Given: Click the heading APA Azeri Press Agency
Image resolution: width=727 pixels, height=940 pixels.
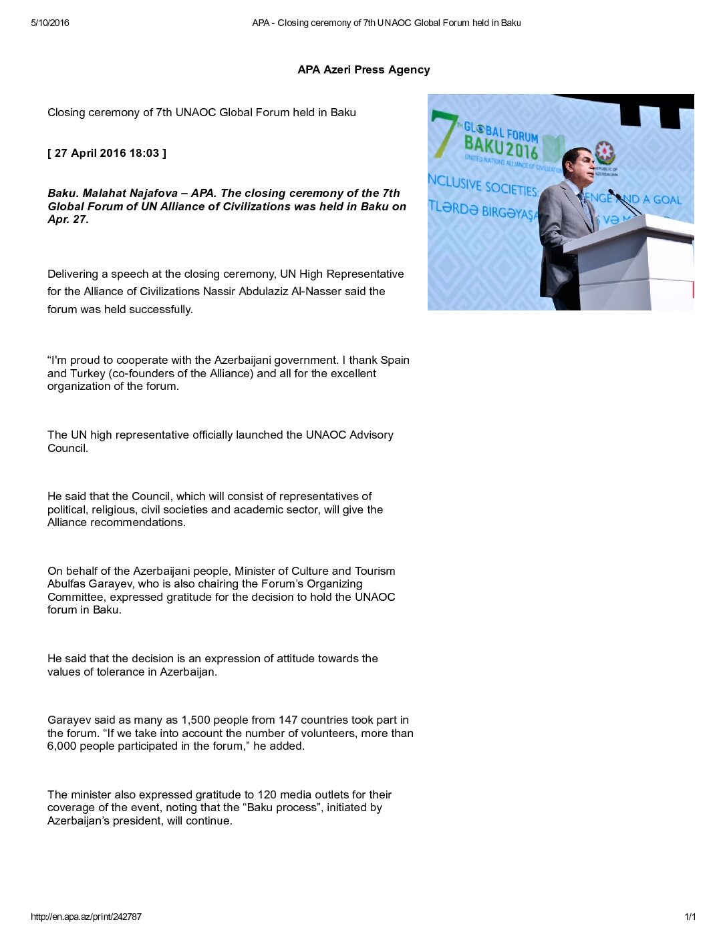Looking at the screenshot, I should [x=363, y=69].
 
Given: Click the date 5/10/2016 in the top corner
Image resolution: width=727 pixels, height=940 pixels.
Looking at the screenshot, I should [x=50, y=23].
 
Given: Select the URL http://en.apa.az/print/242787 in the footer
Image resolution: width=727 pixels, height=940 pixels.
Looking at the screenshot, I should [x=86, y=917].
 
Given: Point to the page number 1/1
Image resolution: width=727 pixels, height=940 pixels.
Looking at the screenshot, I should [x=690, y=917].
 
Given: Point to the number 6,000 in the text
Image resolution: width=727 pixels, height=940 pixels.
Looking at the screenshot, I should [x=62, y=746].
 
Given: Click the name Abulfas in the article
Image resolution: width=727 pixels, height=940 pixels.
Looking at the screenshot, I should [x=67, y=583].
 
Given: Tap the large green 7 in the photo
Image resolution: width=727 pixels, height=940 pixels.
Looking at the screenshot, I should [x=444, y=133].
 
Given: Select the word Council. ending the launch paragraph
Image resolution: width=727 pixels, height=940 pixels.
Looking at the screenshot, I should [x=67, y=448].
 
